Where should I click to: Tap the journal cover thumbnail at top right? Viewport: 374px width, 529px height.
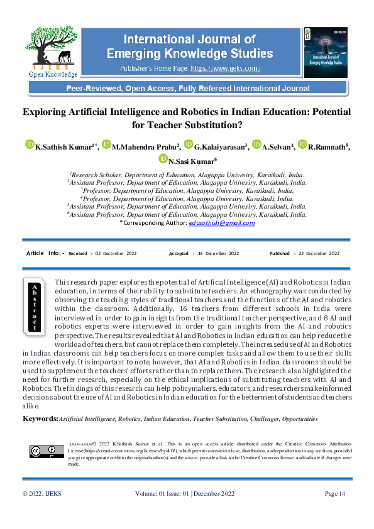(325, 52)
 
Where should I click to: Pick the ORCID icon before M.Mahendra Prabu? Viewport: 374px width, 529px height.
(106, 146)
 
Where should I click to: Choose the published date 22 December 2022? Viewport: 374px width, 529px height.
(318, 253)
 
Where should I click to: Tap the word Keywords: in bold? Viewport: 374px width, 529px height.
(40, 418)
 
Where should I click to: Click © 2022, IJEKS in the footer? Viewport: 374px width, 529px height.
(43, 494)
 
